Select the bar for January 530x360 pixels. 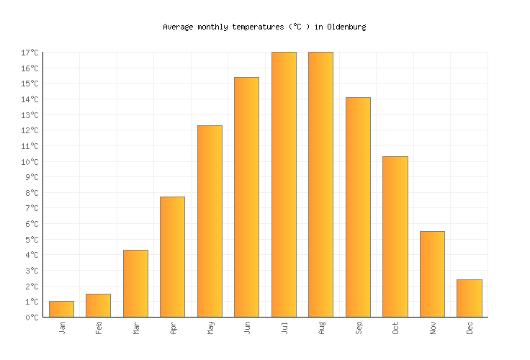(61, 309)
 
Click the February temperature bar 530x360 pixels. (98, 305)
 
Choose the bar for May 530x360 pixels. (210, 221)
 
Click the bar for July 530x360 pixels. (284, 184)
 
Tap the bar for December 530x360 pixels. (469, 298)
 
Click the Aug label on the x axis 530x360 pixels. (321, 328)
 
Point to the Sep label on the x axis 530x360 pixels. (359, 328)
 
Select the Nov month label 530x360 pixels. (433, 328)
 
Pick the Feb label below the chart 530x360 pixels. (99, 328)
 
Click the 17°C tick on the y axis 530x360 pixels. (30, 53)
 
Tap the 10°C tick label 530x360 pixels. (30, 162)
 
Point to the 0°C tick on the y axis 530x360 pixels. (32, 318)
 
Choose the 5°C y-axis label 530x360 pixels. (32, 240)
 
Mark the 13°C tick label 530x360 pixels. (30, 115)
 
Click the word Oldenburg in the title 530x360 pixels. (346, 27)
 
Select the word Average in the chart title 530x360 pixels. (178, 27)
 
